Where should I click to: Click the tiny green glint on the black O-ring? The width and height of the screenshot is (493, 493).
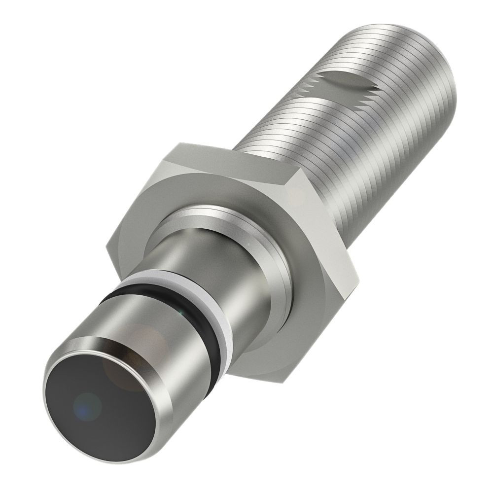click(x=183, y=312)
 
